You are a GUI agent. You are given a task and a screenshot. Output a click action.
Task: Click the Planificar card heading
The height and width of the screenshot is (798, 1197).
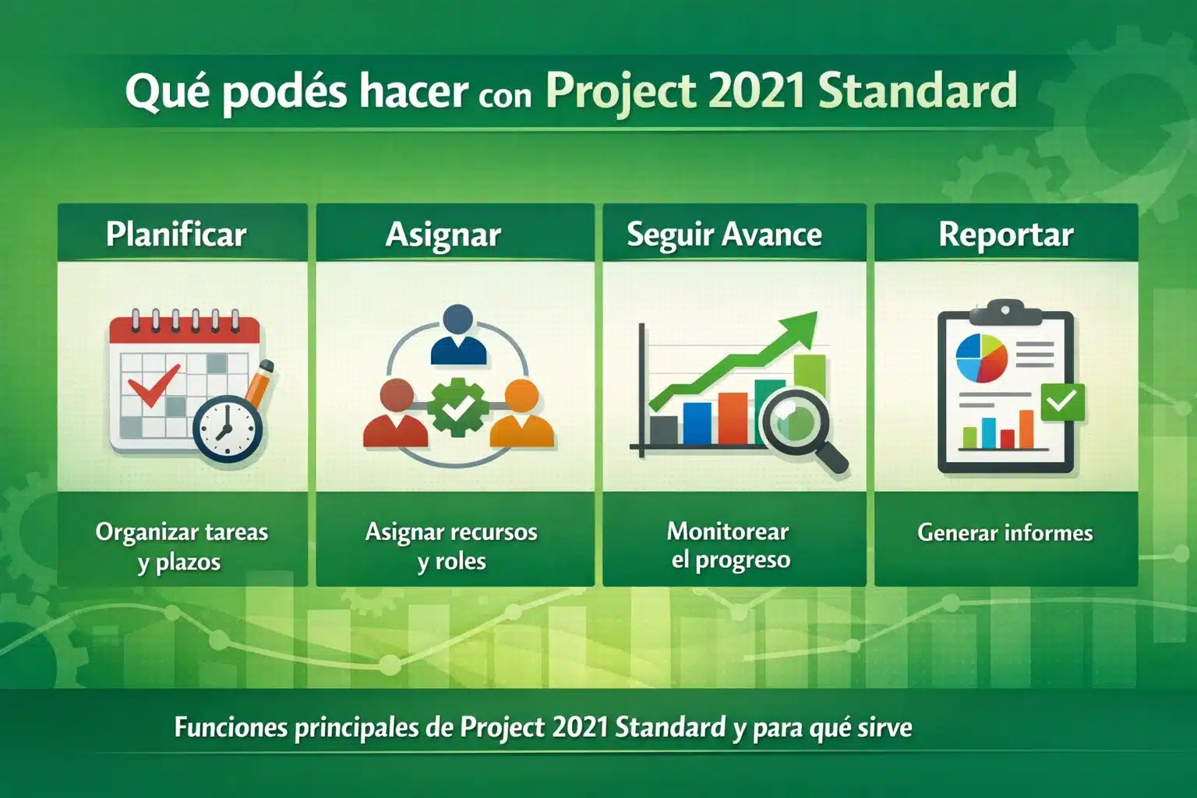tap(176, 234)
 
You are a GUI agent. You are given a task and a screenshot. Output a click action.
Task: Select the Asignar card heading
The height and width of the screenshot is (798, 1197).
tap(443, 235)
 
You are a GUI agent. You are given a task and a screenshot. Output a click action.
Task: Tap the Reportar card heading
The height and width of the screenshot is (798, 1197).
tap(1005, 235)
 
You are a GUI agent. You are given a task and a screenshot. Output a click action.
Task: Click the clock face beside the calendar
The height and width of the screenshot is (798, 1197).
tap(227, 430)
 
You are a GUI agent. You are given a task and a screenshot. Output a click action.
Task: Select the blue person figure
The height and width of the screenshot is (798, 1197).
tap(458, 335)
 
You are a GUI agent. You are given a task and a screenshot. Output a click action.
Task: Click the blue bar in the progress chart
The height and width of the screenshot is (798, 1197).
tap(697, 422)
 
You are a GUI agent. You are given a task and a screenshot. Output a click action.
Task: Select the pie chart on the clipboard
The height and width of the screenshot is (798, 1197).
tap(981, 358)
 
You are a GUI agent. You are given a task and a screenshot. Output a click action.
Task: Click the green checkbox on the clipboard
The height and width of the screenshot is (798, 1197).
tap(1062, 402)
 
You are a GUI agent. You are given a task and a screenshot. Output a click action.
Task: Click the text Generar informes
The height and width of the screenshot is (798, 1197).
tap(1005, 532)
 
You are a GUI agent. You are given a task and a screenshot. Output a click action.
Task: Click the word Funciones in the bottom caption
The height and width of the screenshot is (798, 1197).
tap(231, 727)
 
